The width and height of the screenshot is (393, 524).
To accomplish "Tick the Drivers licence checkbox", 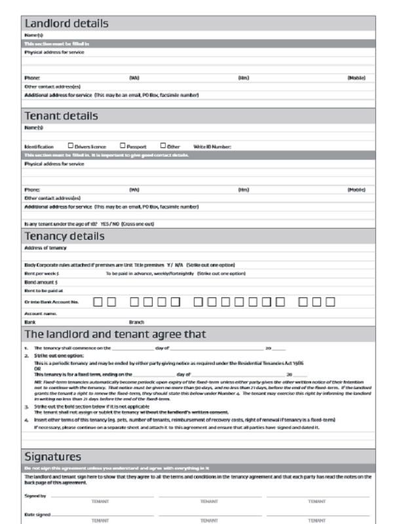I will click(x=71, y=146).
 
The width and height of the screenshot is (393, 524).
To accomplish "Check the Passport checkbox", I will click(x=122, y=146).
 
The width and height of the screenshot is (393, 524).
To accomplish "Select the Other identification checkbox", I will click(x=162, y=146).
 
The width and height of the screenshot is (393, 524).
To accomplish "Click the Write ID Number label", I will click(x=212, y=147).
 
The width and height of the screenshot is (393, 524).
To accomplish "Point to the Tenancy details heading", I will click(x=64, y=235).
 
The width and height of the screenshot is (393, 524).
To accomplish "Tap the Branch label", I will click(x=136, y=322).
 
